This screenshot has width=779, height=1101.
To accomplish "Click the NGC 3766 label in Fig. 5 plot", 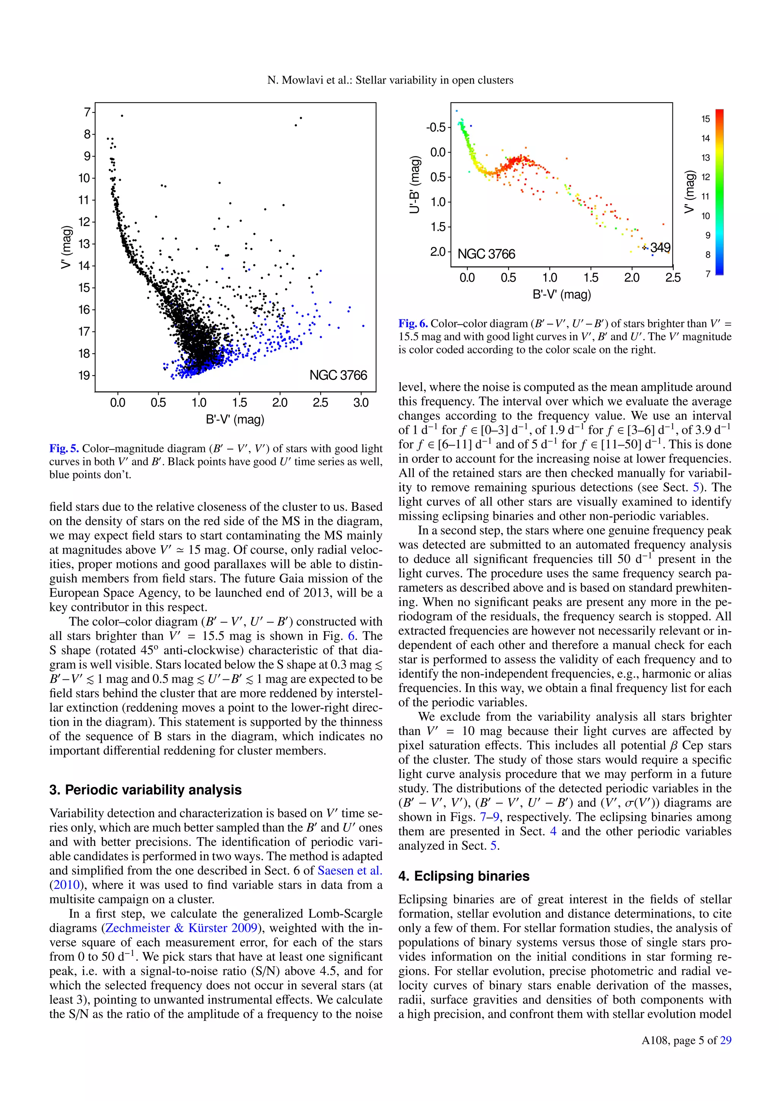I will (338, 375).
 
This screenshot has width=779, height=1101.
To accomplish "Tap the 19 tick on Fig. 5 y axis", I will (84, 376).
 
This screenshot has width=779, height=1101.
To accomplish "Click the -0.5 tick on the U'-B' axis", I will (436, 128).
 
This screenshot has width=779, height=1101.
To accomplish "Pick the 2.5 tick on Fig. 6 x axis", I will (672, 278).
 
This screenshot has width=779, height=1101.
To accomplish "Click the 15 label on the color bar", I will (705, 119).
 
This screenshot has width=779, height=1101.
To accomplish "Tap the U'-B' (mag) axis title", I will (415, 185).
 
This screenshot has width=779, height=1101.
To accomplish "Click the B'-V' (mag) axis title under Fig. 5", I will (235, 420).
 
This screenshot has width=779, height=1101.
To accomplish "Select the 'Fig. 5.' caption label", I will (64, 448).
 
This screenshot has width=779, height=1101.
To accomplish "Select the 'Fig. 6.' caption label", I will (413, 323).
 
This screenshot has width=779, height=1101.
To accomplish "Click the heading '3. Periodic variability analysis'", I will (145, 790).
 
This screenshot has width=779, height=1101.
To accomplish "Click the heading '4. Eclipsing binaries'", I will (463, 876).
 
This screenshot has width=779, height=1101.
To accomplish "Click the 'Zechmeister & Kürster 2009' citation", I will (181, 928).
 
